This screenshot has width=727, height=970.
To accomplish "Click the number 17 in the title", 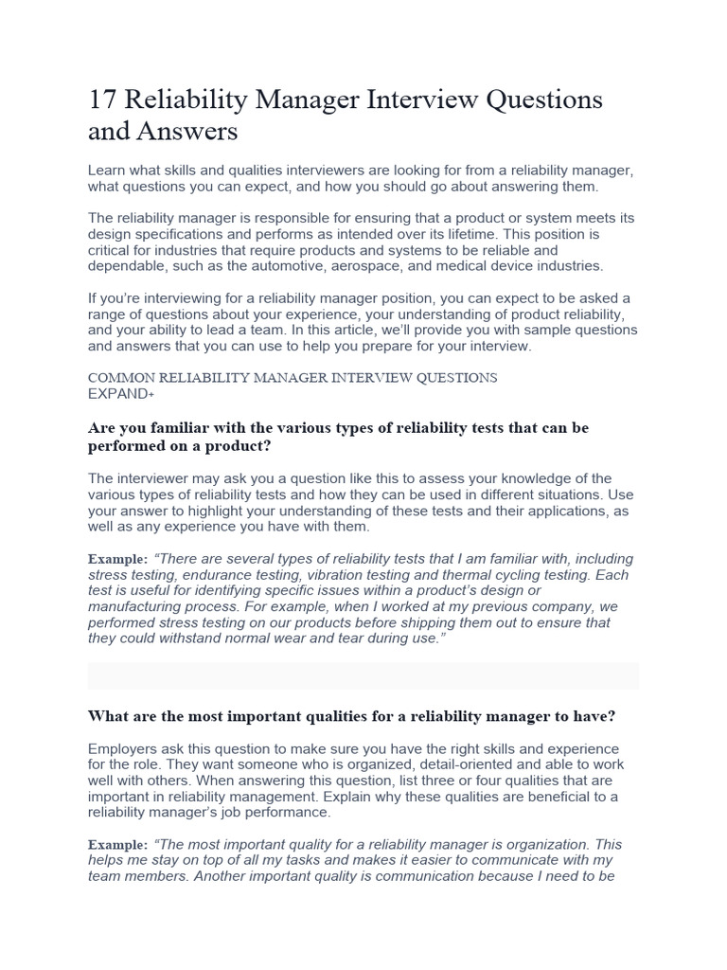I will point(101,99).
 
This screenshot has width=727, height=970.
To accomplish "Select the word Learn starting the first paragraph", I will point(108,170).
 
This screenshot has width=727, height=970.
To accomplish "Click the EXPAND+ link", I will point(120,392).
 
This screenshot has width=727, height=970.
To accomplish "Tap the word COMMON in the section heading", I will point(119,377).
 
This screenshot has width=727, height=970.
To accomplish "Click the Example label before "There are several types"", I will point(117,559).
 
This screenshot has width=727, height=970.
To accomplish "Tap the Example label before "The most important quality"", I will point(117,844).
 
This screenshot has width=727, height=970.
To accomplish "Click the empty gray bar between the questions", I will point(363,675).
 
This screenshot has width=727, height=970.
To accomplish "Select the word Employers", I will point(123,748).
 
